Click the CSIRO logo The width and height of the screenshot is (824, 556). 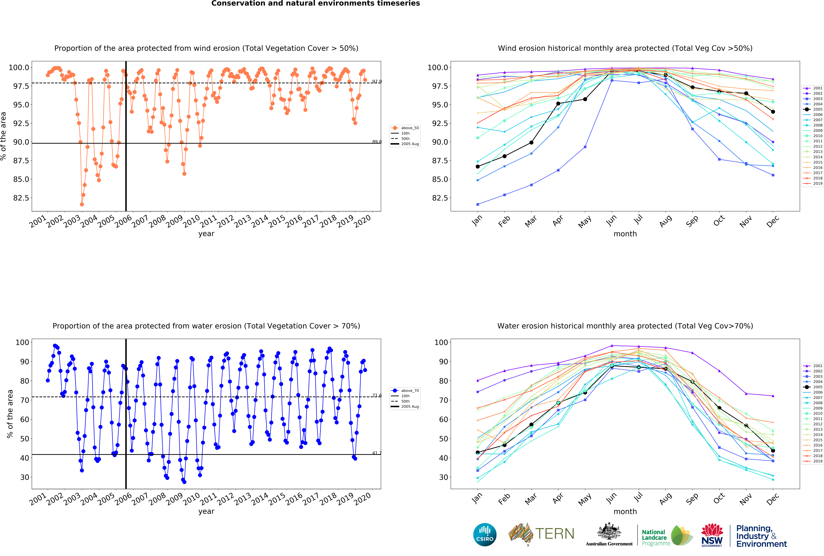click(485, 534)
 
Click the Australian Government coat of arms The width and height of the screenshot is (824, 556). click(609, 531)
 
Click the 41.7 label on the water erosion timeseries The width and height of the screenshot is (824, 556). click(377, 453)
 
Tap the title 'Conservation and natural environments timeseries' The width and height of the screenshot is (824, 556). click(316, 4)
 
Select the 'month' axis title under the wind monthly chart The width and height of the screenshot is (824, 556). click(625, 234)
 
